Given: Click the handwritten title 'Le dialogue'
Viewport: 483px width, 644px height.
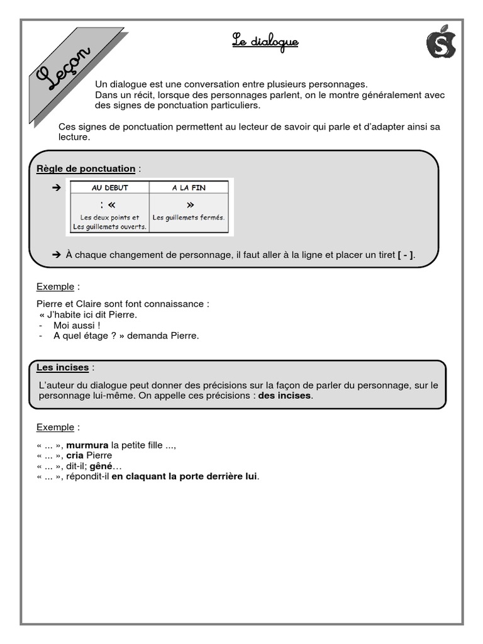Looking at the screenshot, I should pyautogui.click(x=265, y=43).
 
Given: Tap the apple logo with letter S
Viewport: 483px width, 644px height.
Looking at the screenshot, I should pyautogui.click(x=441, y=43).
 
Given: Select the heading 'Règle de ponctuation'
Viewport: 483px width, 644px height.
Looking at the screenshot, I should pyautogui.click(x=86, y=169).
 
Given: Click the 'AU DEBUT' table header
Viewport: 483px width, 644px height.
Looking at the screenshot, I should pyautogui.click(x=109, y=187).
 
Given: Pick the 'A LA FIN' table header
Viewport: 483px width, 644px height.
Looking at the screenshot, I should pyautogui.click(x=189, y=187).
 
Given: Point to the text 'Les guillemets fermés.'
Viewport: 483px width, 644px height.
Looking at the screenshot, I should pyautogui.click(x=189, y=218).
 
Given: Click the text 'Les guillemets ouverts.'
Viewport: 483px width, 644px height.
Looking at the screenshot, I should pyautogui.click(x=109, y=226).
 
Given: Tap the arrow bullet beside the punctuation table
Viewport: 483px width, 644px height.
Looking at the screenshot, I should pyautogui.click(x=56, y=187).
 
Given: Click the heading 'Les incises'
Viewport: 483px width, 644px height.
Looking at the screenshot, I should pyautogui.click(x=62, y=367).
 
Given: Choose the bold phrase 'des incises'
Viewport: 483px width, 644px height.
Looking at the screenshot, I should pyautogui.click(x=285, y=396).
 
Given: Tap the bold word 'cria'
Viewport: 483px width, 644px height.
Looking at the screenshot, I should pyautogui.click(x=75, y=455).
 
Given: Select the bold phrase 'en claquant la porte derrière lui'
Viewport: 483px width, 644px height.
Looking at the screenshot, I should pyautogui.click(x=184, y=477).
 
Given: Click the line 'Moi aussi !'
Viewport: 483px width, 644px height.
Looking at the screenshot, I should pyautogui.click(x=77, y=325).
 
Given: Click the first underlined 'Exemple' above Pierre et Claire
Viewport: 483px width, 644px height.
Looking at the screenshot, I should pyautogui.click(x=55, y=287).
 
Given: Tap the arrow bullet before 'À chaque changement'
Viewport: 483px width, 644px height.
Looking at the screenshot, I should pyautogui.click(x=56, y=255).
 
